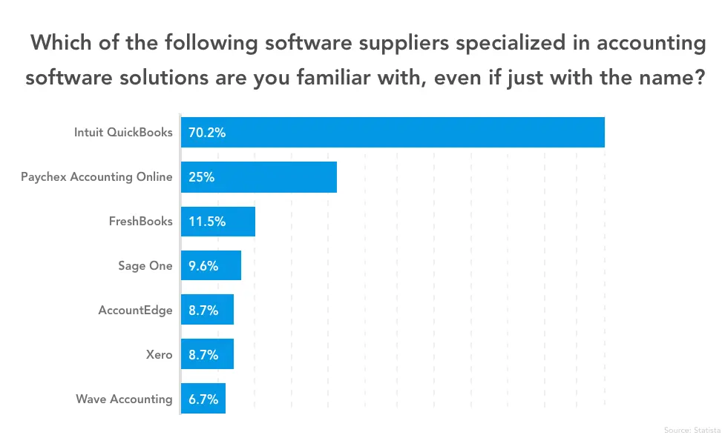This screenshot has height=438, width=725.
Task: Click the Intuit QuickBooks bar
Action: pos(393,133)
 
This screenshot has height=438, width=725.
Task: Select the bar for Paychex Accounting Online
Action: pos(259,177)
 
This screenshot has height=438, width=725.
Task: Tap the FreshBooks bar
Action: pos(218,222)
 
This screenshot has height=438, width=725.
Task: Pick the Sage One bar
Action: pos(211,265)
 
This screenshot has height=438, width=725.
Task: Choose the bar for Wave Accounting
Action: pos(203,399)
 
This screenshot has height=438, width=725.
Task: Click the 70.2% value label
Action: pos(207,133)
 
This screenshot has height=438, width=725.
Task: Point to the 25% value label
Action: pos(200,177)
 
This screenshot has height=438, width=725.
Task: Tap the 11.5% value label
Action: pos(207,222)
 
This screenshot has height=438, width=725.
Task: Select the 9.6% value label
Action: pos(203,266)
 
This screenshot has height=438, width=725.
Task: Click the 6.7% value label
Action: pos(203,399)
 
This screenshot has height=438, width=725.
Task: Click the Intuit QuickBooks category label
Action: pos(123,133)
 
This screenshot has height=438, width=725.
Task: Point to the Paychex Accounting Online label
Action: pos(96,177)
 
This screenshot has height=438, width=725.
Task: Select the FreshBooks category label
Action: pos(140,222)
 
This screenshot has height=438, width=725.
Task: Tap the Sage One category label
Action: pos(145,266)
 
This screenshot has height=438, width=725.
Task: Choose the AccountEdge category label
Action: pos(135,311)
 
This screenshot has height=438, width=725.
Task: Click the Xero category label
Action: pos(160,355)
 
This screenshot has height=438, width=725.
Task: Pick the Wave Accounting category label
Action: pos(124,399)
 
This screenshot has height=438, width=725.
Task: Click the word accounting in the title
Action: pos(645,44)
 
